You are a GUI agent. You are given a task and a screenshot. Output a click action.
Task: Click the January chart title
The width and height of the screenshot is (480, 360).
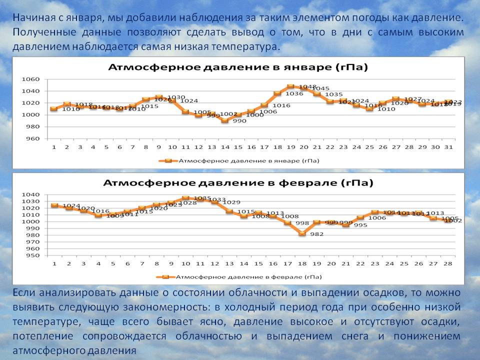coord(238,67)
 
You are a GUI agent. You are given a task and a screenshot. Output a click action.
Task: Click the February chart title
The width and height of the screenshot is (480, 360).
coord(238,183)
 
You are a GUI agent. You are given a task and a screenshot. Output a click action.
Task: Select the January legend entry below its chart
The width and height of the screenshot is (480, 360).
coord(239,161)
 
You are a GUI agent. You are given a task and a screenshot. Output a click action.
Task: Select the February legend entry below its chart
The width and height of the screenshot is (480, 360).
coord(239,276)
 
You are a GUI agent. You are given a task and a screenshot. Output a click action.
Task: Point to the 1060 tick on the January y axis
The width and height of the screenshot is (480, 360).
coord(30,79)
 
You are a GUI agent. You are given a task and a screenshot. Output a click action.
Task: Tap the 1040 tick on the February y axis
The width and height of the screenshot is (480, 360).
coord(30,194)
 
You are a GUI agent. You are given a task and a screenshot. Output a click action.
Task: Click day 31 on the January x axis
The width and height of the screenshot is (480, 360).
coord(448,147)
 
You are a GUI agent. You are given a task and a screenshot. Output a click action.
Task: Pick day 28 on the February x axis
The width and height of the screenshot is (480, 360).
coord(448,263)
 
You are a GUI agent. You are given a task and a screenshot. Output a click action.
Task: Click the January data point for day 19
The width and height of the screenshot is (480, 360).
coord(290,86)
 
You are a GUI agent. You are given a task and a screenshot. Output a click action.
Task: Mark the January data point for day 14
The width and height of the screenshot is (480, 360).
coord(225,120)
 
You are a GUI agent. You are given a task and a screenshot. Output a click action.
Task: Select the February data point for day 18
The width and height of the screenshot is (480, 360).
coord(301,233)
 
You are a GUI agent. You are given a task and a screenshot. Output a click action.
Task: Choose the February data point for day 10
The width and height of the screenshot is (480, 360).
coord(185,198)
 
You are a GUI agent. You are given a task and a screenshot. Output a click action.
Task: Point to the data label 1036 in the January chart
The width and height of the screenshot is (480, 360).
coord(294,93)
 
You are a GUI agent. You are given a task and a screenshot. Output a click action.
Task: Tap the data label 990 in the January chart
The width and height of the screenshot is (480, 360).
coord(239,121)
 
